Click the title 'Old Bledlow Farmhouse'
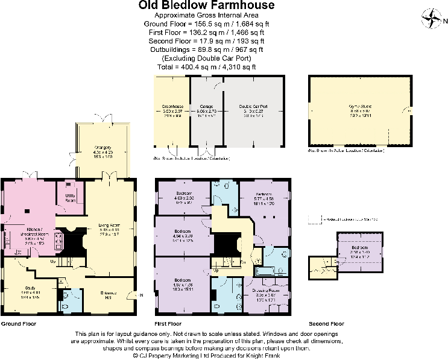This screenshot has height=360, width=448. (207, 5)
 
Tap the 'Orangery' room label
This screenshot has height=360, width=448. (103, 147)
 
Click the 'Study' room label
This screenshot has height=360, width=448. (31, 287)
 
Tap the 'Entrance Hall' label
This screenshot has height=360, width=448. (109, 294)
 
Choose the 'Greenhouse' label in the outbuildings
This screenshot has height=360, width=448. (172, 106)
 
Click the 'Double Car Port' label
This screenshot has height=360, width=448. (253, 106)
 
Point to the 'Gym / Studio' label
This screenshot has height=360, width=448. (360, 106)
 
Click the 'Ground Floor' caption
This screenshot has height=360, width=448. (18, 324)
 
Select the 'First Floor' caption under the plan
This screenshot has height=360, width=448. (168, 324)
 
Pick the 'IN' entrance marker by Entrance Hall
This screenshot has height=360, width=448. (142, 295)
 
